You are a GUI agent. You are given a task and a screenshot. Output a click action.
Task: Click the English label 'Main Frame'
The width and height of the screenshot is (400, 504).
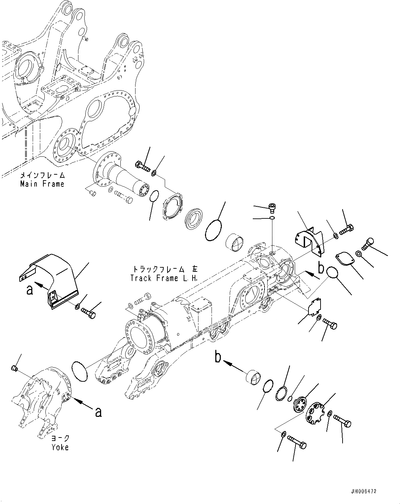pos(42,184)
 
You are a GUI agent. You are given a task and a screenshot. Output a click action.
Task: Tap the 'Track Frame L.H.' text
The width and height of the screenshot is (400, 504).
pos(164,278)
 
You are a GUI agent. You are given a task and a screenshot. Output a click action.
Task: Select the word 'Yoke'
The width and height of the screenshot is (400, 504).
pos(60,447)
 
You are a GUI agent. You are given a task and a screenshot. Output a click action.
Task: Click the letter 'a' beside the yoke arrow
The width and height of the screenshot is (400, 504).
pos(98,412)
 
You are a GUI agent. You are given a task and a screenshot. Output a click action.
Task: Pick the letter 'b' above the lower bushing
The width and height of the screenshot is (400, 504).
pos(218,357)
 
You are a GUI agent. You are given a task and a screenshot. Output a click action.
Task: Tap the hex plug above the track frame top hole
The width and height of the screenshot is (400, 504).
pos(272,207)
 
